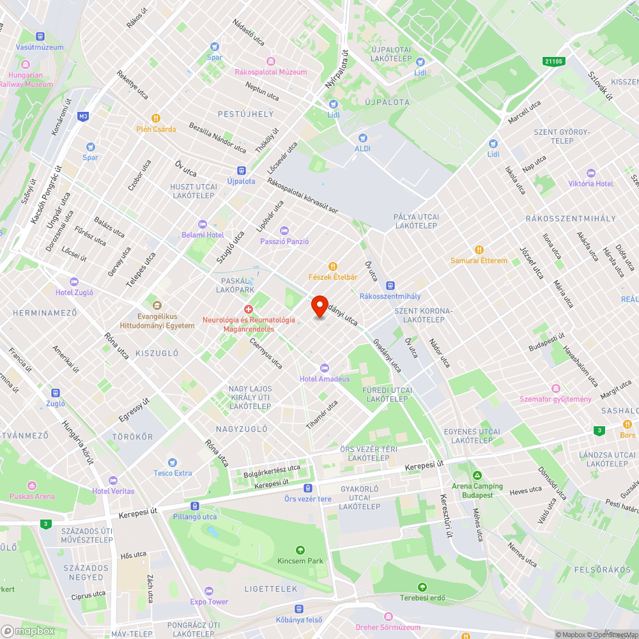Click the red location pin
click(319, 307)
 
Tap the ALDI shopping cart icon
click(363, 137)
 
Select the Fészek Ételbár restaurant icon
click(332, 266)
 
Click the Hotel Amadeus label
click(325, 378)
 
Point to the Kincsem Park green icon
click(300, 550)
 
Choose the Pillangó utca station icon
click(195, 505)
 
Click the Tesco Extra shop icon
click(173, 462)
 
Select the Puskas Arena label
click(32, 496)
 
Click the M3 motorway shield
click(83, 116)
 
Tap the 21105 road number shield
click(554, 61)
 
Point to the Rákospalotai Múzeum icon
click(270, 61)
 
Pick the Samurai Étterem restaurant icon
click(479, 250)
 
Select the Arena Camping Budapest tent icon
click(477, 475)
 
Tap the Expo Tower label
click(209, 601)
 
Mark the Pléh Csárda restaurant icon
click(155, 118)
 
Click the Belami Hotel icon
click(203, 224)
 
